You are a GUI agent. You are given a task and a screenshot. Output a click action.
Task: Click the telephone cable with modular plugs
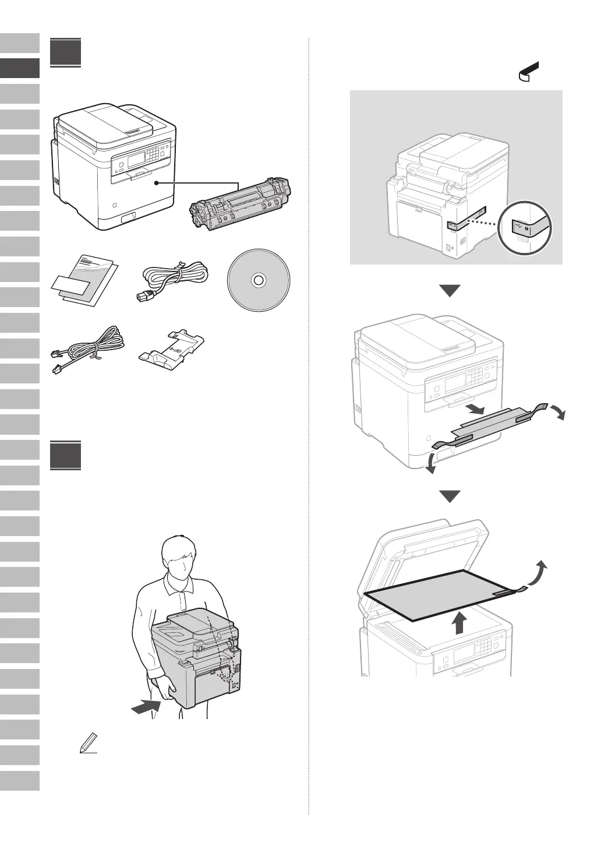(x=87, y=350)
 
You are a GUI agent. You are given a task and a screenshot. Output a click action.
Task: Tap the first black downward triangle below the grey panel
(x=450, y=290)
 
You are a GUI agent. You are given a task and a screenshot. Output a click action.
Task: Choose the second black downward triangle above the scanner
(x=450, y=496)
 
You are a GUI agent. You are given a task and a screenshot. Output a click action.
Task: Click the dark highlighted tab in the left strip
(x=20, y=68)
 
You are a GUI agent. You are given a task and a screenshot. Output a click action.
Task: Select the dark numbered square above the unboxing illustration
(x=65, y=52)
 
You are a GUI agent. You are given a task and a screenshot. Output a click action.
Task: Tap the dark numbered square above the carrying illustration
(x=65, y=456)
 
